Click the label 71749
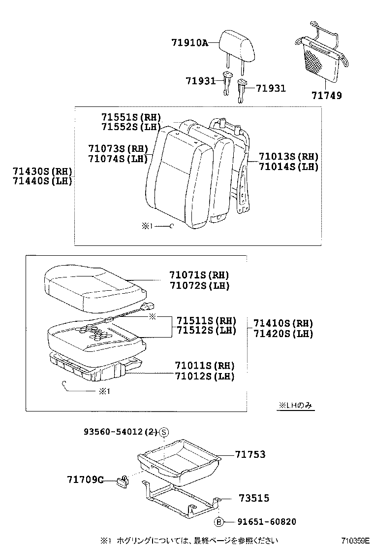tap(326, 96)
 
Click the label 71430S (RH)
tap(43, 171)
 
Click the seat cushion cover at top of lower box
tap(92, 289)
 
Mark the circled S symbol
tap(164, 432)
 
